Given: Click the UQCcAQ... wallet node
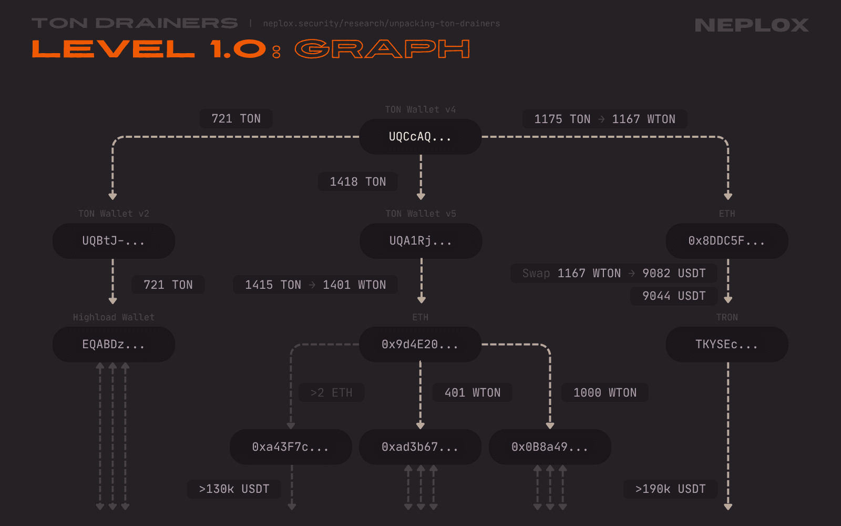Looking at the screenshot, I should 420,137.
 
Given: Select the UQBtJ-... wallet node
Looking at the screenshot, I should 114,241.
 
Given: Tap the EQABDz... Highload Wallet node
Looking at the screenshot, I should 114,345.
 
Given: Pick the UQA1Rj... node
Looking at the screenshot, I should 420,241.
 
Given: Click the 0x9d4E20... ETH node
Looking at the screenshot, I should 420,345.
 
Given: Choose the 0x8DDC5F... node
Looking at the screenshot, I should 727,241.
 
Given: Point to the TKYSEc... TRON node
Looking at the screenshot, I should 727,345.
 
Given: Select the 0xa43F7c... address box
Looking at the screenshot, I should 291,447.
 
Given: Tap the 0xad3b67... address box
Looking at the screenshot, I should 420,447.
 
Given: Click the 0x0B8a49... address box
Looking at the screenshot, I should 550,447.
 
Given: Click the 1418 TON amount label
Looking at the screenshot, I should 358,182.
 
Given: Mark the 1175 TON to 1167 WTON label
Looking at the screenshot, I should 604,119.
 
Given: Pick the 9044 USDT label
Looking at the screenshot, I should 674,296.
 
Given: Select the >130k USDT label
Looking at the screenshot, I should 234,489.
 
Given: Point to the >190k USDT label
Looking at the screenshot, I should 670,489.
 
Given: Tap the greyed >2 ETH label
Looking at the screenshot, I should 332,393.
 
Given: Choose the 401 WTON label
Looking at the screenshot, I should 473,393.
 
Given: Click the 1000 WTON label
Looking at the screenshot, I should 605,393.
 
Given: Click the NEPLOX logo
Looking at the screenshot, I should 752,25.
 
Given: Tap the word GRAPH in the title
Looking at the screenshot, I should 382,49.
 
